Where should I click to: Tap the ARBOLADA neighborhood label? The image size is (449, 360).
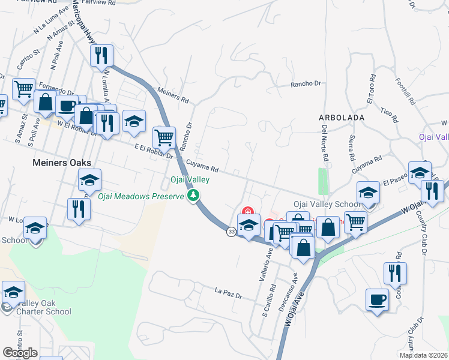(x=342, y=118)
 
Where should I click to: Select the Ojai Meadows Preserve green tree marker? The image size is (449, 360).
(x=193, y=196)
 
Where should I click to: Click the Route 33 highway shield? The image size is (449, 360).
(x=231, y=232)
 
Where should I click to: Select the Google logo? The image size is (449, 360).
(x=20, y=353)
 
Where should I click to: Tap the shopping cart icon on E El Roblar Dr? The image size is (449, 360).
(x=164, y=137)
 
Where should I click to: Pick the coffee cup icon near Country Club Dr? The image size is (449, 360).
(x=377, y=299)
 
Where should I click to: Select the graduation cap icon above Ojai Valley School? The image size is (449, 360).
(x=368, y=192)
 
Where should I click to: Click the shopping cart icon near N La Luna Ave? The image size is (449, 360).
(x=23, y=89)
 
